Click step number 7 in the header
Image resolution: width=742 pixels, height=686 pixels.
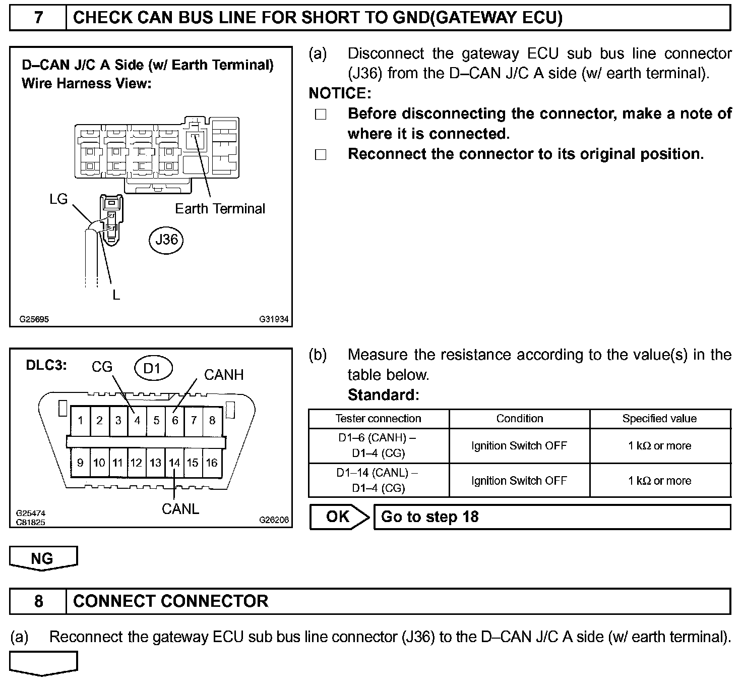click(38, 18)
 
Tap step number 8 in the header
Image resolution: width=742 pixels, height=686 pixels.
click(38, 601)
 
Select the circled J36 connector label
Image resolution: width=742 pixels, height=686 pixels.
click(166, 239)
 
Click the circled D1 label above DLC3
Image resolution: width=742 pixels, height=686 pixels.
click(153, 368)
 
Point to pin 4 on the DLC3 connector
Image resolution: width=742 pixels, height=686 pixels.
click(137, 420)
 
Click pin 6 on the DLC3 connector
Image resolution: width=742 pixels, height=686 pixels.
click(175, 420)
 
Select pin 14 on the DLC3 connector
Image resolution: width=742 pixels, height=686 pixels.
click(174, 463)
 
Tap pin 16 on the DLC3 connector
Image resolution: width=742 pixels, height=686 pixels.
click(212, 463)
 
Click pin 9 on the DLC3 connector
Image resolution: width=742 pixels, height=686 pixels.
click(80, 463)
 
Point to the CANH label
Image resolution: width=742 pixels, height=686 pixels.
click(223, 375)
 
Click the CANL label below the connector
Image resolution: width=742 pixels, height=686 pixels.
click(180, 509)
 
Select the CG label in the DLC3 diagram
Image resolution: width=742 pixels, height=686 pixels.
click(102, 367)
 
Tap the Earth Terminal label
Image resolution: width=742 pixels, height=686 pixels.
click(220, 209)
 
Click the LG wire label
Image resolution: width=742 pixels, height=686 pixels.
click(58, 199)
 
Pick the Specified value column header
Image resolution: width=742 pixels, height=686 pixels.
click(659, 419)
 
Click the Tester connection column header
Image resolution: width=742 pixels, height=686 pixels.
click(378, 419)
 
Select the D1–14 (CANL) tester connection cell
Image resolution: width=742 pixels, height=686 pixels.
click(378, 481)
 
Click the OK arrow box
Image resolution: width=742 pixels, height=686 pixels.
click(339, 517)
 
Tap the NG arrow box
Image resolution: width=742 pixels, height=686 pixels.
click(43, 558)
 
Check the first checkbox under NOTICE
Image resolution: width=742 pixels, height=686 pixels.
click(321, 115)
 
